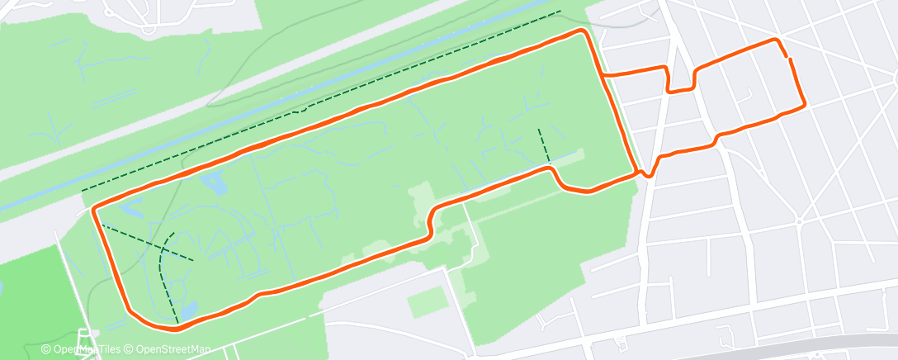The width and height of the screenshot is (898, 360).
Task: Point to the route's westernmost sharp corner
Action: pyautogui.click(x=93, y=209)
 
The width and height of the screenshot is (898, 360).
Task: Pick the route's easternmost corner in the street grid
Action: pyautogui.click(x=804, y=104)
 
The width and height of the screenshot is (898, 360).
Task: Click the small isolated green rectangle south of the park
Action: pyautogui.click(x=428, y=302)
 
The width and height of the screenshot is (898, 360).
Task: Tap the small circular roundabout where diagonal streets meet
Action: pyautogui.click(x=799, y=221)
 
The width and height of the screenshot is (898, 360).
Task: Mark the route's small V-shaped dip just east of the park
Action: pyautogui.click(x=649, y=172)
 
